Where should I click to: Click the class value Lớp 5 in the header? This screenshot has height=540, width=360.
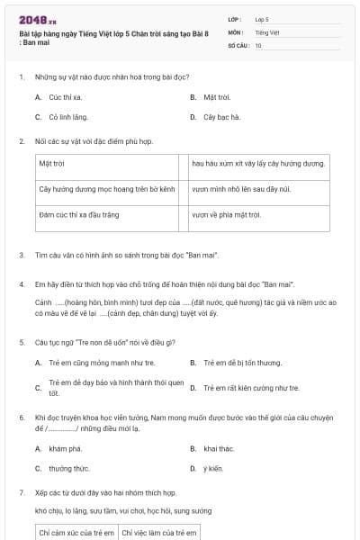[x=262, y=19]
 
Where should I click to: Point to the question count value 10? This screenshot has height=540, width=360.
[x=258, y=44]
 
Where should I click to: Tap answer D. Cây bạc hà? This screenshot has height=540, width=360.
[x=221, y=117]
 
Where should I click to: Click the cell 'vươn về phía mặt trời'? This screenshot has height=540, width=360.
[x=226, y=215]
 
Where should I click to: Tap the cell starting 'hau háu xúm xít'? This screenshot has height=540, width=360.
[x=257, y=164]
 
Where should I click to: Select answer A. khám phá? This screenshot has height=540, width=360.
[x=65, y=447]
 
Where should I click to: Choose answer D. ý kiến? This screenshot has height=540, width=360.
[x=212, y=468]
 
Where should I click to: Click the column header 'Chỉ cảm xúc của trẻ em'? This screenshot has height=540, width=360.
[x=76, y=533]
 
